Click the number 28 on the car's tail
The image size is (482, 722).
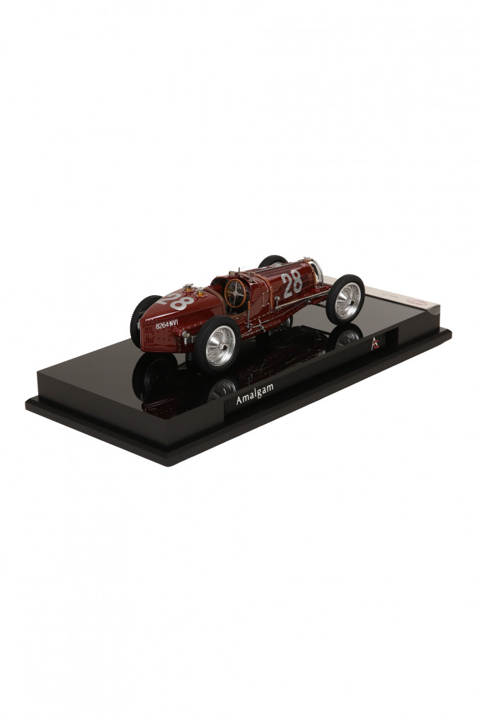coord(180,302)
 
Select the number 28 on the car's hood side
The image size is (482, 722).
coord(292,283)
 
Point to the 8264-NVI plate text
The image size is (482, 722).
coord(167,325)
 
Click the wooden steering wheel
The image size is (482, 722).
coord(235,292)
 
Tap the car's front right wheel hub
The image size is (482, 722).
coord(347,300)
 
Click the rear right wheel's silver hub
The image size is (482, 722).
coord(220,345)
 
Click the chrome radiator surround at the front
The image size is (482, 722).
coord(316,270)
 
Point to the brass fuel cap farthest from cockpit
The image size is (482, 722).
coord(189,287)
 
